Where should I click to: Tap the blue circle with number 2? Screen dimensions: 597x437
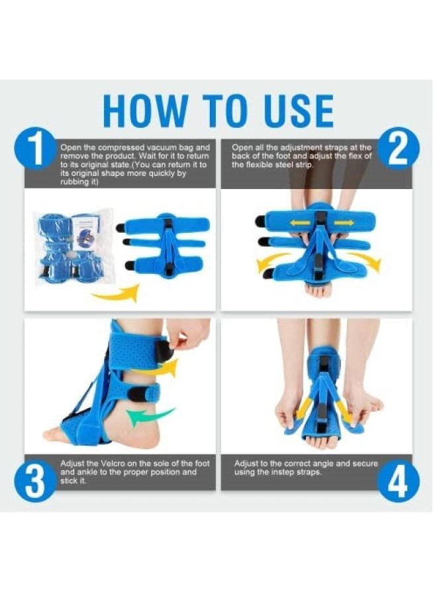397,150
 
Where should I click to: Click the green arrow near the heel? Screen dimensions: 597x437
150,416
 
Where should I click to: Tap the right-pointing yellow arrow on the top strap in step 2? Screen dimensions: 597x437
343,220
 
